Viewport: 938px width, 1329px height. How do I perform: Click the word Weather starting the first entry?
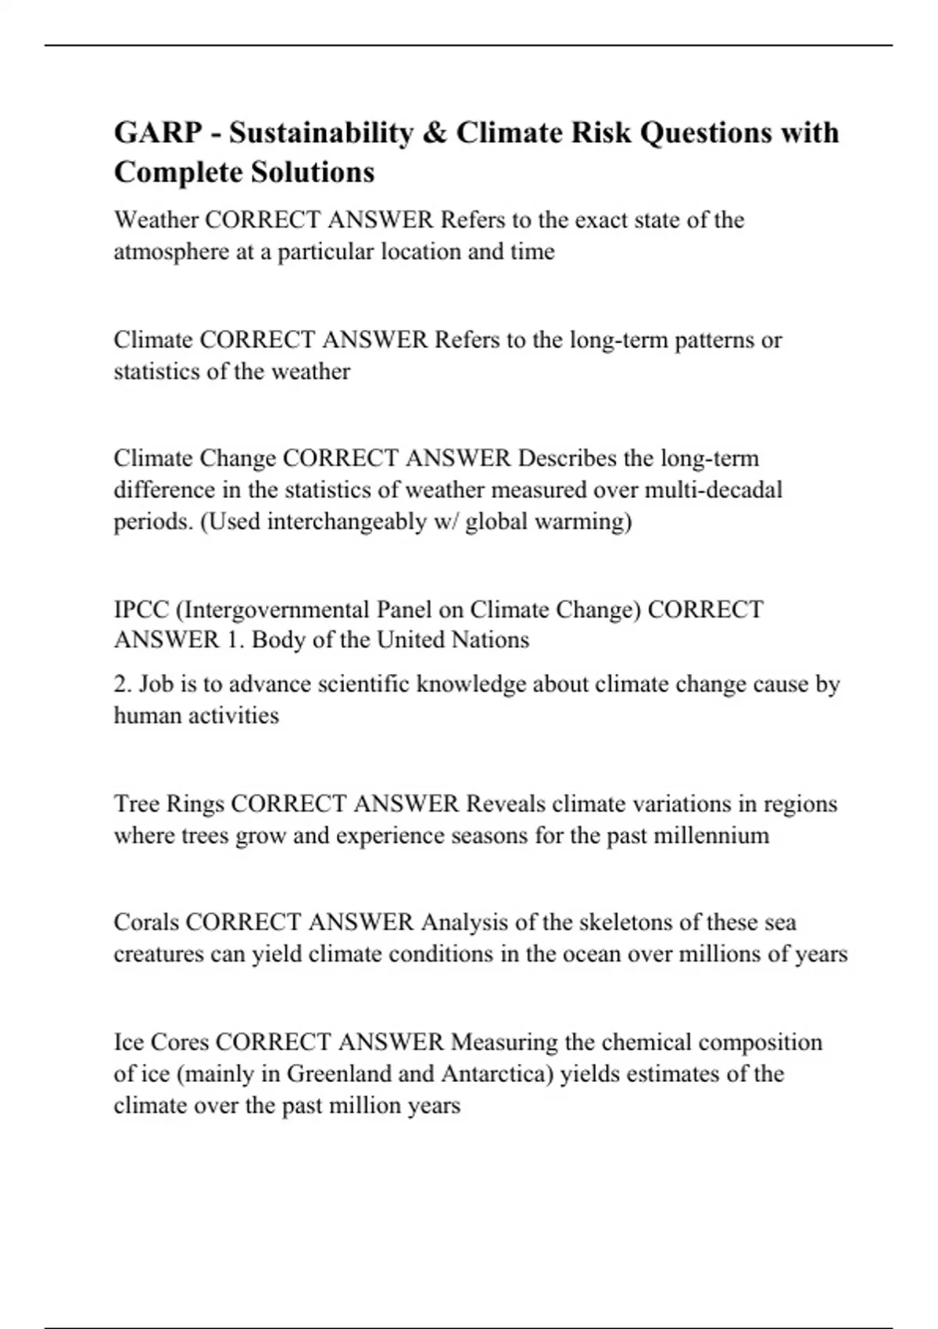click(156, 220)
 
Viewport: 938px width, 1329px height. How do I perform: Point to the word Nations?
click(492, 640)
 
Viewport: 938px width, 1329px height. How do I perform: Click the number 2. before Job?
click(123, 684)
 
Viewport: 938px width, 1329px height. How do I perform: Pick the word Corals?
click(146, 922)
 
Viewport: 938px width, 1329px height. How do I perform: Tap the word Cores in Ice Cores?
click(179, 1042)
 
